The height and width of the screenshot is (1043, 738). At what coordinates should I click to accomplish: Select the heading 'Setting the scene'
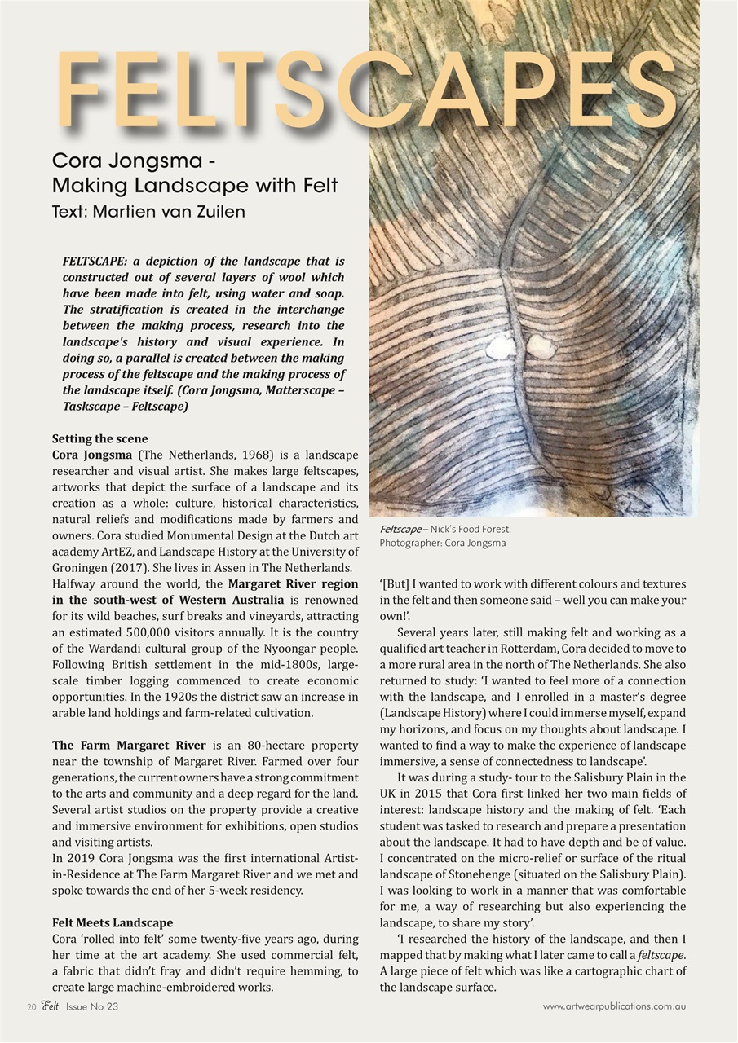[x=100, y=438]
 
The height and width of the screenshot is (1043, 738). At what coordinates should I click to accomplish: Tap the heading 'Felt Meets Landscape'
[x=113, y=922]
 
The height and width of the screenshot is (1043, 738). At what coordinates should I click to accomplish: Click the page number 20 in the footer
[x=31, y=1006]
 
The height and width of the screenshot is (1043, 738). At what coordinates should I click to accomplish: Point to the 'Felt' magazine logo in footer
[x=51, y=1006]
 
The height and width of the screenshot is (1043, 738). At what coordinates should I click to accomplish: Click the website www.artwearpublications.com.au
[x=613, y=1006]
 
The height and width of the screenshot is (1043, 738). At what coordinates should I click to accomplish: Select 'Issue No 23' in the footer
[x=92, y=1006]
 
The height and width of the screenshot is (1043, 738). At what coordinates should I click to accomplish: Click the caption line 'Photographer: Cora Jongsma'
[x=442, y=543]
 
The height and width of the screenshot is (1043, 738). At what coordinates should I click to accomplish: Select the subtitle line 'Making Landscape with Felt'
[x=194, y=185]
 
